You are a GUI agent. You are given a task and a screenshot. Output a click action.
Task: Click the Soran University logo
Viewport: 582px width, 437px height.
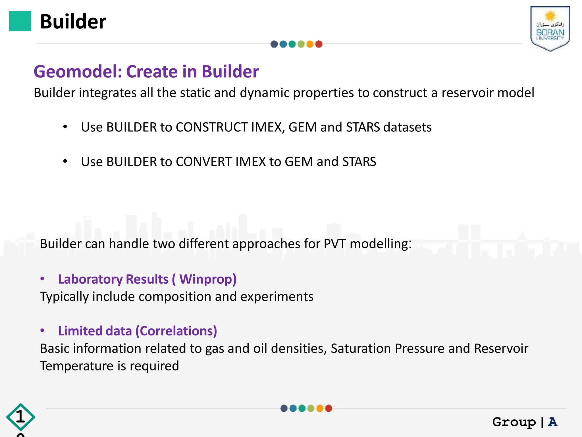coord(550,28)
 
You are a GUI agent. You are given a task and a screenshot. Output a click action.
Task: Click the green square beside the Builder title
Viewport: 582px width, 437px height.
coord(20,21)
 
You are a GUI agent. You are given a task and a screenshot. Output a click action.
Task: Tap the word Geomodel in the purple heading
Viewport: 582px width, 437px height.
coord(78,71)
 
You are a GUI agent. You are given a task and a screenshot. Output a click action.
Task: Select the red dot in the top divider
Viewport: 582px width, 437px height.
coord(319,44)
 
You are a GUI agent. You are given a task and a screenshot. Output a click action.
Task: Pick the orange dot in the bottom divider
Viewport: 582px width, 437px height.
coord(320,408)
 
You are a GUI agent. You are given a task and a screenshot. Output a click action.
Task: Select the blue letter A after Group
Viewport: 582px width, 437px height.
coord(553,422)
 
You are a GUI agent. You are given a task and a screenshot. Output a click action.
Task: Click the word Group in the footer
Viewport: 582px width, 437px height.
coord(514,422)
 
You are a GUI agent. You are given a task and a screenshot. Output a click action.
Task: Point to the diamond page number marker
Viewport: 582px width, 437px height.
coord(20,417)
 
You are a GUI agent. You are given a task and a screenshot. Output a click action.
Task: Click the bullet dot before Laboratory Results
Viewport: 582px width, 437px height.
coord(42,279)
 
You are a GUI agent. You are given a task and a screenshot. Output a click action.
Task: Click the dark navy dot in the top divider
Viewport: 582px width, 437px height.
coord(274,44)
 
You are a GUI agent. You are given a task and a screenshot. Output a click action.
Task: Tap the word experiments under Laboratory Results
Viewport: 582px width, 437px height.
coord(277,297)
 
